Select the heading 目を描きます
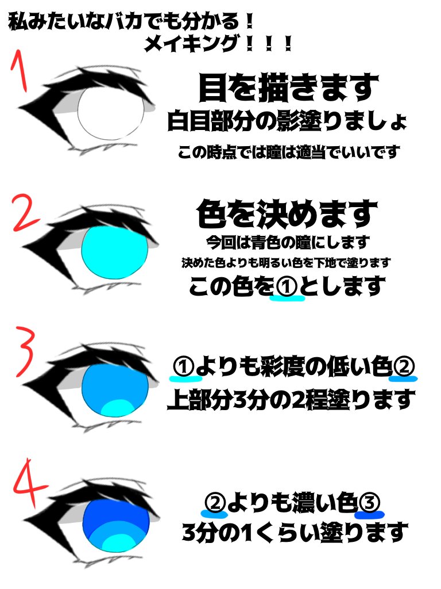[288, 89]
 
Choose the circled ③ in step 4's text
[369, 504]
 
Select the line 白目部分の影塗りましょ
[287, 122]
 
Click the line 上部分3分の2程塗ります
[290, 399]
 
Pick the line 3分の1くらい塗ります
[294, 531]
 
